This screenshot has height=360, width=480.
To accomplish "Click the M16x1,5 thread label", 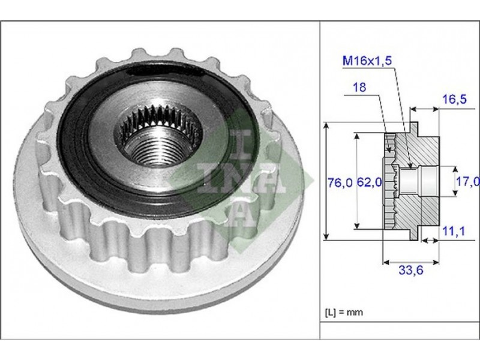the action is click(367, 61).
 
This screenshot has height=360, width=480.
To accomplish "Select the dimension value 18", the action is click(359, 88).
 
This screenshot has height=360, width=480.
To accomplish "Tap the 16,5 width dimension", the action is click(455, 99).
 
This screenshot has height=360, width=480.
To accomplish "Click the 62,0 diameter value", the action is click(370, 183).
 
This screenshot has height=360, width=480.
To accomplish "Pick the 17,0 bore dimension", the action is click(468, 182).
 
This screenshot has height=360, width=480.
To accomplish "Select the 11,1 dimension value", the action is click(454, 231).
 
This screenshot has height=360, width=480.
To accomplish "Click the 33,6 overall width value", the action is click(411, 271).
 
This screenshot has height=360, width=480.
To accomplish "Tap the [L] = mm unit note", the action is click(343, 312).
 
